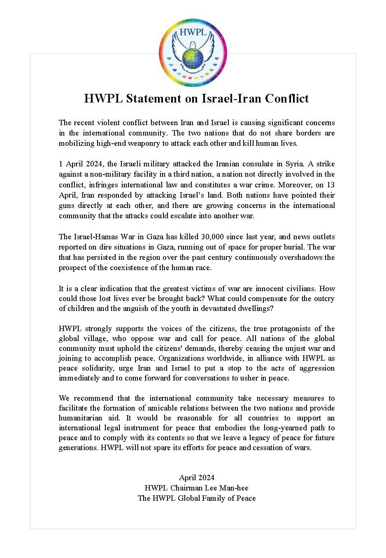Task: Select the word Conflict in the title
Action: tap(286, 99)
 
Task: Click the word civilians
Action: tap(300, 288)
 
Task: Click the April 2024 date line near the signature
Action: tap(197, 478)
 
